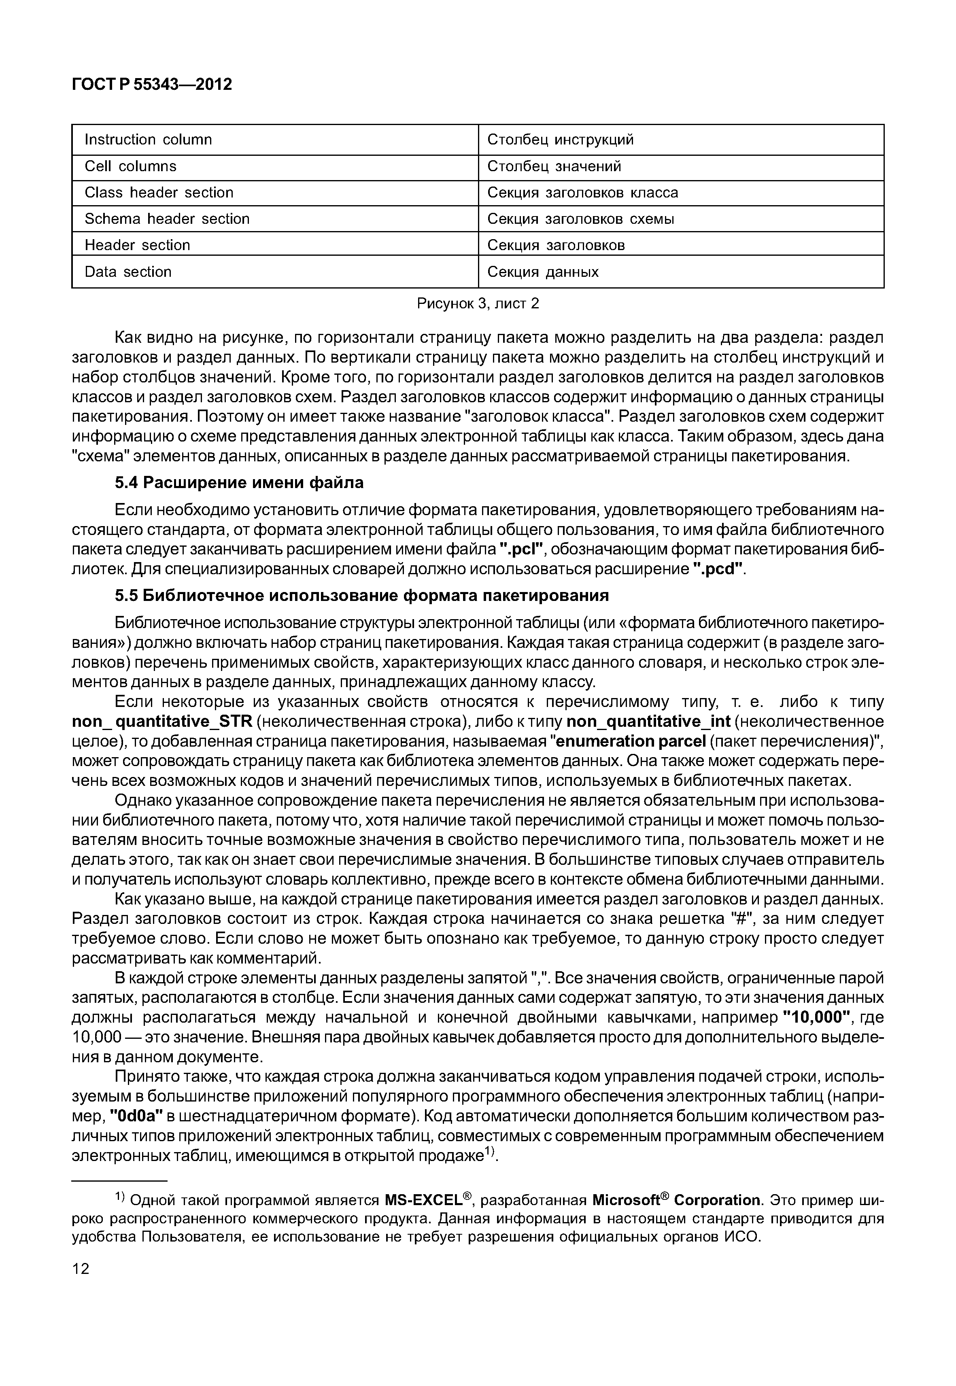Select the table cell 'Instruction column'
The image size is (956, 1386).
pos(148,140)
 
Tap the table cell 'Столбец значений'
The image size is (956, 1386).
pos(554,166)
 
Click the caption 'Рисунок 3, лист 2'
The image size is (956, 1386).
pos(478,304)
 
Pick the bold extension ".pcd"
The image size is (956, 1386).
pos(722,569)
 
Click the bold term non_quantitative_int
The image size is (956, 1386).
pos(648,722)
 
